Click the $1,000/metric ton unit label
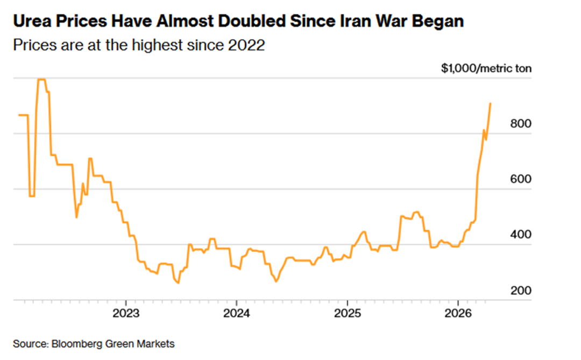coord(486,68)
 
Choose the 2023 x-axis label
coord(125,313)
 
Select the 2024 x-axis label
coord(236,313)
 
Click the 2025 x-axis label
coord(347,313)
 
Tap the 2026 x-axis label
coord(458,313)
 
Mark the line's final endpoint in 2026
coord(490,103)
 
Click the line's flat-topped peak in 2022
coord(41,80)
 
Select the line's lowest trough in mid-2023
coord(178,283)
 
